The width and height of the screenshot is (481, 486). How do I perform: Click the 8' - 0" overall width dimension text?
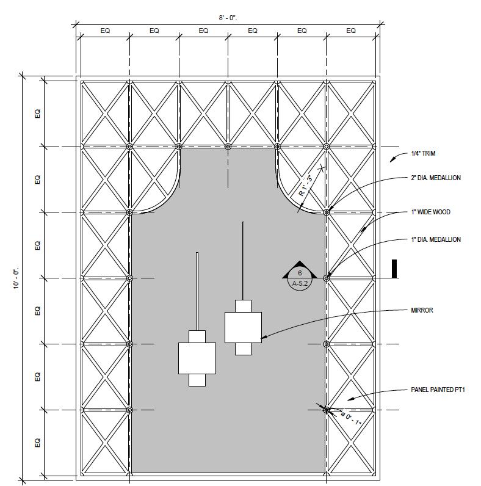tap(228, 18)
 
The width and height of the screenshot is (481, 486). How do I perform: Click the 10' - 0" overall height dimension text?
tap(16, 278)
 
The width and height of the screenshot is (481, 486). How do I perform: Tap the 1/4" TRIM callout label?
tap(423, 154)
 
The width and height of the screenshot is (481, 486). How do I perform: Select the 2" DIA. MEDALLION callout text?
tap(435, 178)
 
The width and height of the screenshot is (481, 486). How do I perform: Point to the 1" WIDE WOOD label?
tap(430, 212)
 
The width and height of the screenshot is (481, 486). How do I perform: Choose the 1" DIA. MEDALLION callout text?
tap(435, 239)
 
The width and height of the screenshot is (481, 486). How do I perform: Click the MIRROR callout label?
tap(422, 310)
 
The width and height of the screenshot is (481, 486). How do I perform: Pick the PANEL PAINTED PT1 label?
tap(438, 390)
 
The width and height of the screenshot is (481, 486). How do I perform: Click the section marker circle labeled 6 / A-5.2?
tap(300, 280)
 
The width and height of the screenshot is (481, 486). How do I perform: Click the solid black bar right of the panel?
tap(394, 269)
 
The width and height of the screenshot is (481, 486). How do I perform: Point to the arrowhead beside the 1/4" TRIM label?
tap(392, 159)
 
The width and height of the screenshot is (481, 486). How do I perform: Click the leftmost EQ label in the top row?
tap(104, 31)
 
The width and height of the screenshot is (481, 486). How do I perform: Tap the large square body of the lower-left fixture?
tap(197, 358)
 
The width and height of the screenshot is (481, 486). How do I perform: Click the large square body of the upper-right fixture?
tap(243, 327)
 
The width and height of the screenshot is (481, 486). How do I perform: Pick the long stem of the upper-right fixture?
tap(244, 259)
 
